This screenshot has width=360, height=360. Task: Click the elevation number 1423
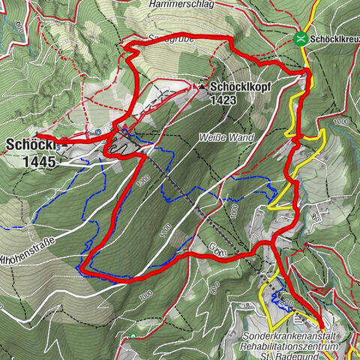pos(223,98)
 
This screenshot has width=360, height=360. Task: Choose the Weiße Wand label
pos(226,137)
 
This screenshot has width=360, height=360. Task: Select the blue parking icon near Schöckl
pos(97,132)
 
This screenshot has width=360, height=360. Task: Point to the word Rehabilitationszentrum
pos(295,347)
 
